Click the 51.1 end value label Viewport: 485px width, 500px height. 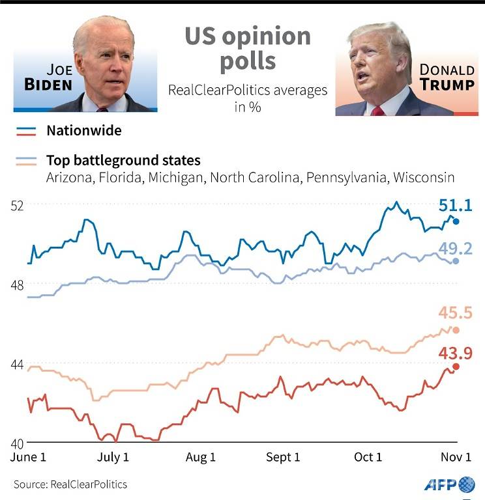pyautogui.click(x=454, y=208)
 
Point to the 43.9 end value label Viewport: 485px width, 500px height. pyautogui.click(x=454, y=353)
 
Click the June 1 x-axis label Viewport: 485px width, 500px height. pyautogui.click(x=29, y=458)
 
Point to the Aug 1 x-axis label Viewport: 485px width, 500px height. pyautogui.click(x=200, y=458)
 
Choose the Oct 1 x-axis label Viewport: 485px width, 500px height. pyautogui.click(x=368, y=458)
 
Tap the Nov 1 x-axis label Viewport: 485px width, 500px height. pyautogui.click(x=455, y=458)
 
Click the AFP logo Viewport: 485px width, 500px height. pyautogui.click(x=450, y=484)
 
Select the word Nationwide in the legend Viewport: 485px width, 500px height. pyautogui.click(x=83, y=131)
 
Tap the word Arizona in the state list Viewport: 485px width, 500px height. pyautogui.click(x=67, y=178)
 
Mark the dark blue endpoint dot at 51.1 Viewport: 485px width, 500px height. pyautogui.click(x=456, y=222)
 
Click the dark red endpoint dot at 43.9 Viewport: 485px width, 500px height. pyautogui.click(x=456, y=367)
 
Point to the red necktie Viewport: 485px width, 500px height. pyautogui.click(x=377, y=111)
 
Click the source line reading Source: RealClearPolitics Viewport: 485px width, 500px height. pyautogui.click(x=70, y=484)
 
